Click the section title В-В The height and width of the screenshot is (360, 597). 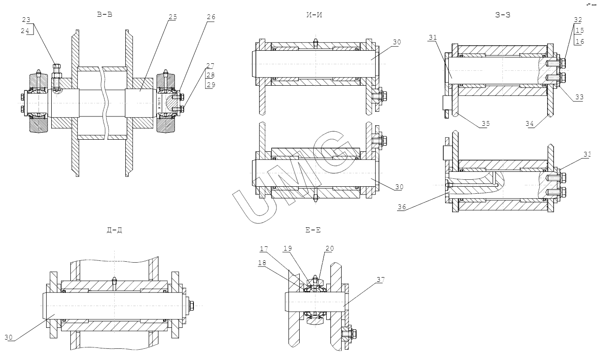[x=104, y=14]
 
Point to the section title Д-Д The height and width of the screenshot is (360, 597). [x=114, y=230]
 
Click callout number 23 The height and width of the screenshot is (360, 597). [x=26, y=20]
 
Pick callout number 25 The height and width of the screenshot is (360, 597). [x=172, y=17]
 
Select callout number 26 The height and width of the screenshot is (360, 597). [x=211, y=17]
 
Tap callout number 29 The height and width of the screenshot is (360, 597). [x=211, y=84]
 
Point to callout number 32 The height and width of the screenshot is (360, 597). [x=578, y=20]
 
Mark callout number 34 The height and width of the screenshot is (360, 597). [x=529, y=123]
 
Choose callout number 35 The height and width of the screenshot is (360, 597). [x=486, y=123]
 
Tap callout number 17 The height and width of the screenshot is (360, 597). [x=264, y=249]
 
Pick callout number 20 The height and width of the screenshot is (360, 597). [x=329, y=249]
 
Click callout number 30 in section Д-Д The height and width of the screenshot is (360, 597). [x=9, y=337]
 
